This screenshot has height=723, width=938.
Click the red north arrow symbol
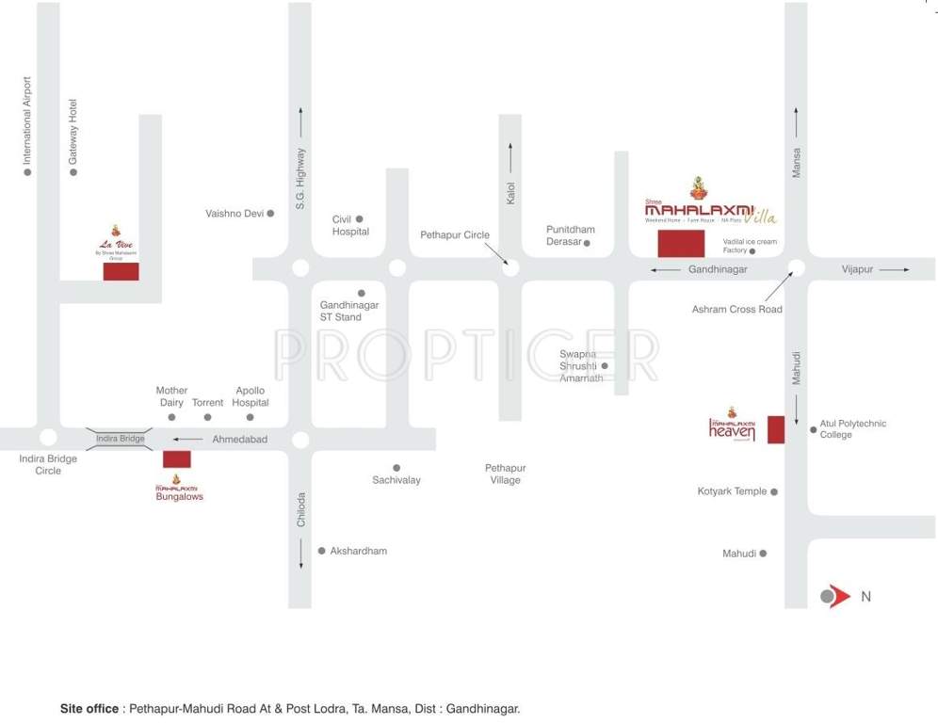tap(836, 596)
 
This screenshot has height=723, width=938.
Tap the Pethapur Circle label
tap(455, 235)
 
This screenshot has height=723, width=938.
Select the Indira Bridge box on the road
tap(121, 439)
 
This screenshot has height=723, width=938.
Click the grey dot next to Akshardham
tap(321, 551)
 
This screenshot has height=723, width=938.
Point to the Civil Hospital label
tap(350, 226)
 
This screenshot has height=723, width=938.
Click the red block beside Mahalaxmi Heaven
tap(776, 429)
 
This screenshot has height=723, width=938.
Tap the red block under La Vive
tap(121, 271)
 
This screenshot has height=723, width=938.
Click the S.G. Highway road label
tap(300, 179)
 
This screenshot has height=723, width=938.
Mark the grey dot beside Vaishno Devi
tap(270, 214)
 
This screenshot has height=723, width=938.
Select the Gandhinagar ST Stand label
tap(349, 312)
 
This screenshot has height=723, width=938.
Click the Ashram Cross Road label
tap(736, 310)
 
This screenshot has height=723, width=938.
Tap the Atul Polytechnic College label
tap(852, 429)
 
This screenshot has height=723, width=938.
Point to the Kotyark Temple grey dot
tap(774, 491)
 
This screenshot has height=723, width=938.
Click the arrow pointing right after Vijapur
tap(896, 270)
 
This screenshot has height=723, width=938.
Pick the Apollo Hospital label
tap(251, 396)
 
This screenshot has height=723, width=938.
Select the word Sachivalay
tap(396, 480)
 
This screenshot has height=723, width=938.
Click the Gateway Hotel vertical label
tap(73, 132)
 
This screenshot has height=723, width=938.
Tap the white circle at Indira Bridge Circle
tap(48, 438)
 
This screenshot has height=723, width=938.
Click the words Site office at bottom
tap(89, 708)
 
